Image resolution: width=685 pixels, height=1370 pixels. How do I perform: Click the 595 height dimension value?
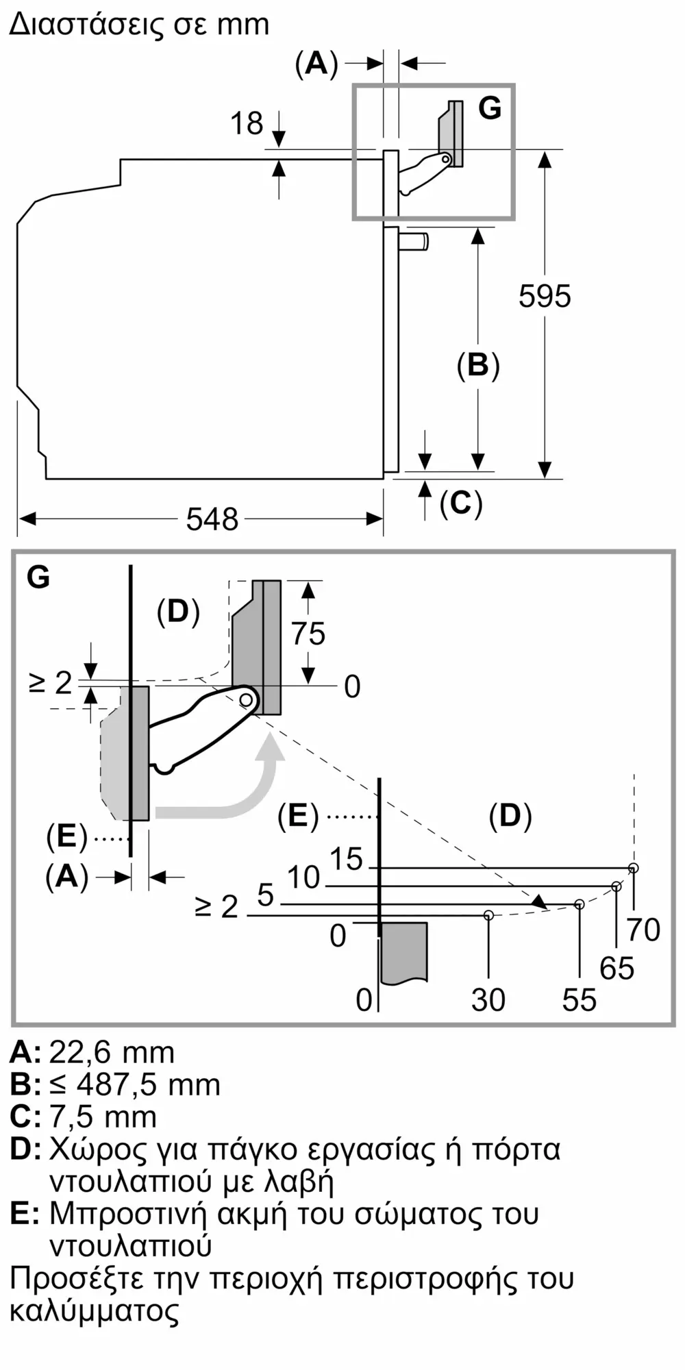click(545, 296)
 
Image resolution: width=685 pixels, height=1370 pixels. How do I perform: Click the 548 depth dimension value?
click(212, 519)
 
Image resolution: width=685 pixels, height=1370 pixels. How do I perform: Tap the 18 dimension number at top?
click(247, 124)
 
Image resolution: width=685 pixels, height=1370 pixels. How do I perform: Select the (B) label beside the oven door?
click(478, 365)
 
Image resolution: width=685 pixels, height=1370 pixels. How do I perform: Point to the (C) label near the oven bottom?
click(461, 503)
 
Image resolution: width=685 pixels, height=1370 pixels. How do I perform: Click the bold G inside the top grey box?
click(490, 108)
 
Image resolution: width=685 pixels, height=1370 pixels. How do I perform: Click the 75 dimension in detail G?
click(308, 634)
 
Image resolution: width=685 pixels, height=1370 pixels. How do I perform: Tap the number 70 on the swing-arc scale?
click(643, 930)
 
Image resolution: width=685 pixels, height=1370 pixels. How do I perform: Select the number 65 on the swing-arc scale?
click(616, 968)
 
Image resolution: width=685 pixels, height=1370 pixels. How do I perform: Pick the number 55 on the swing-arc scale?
click(580, 1000)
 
